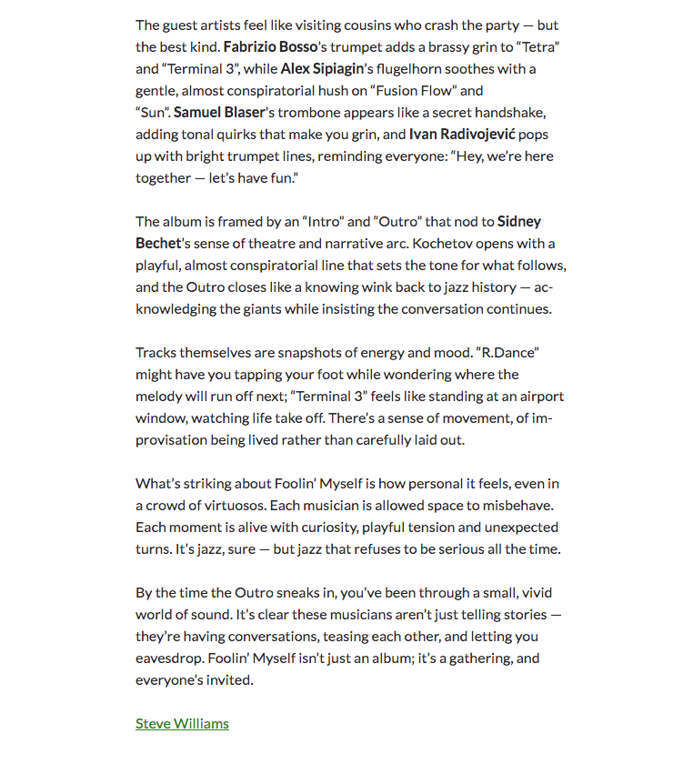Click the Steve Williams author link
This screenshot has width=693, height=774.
(x=182, y=724)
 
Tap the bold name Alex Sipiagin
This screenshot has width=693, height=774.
(x=320, y=68)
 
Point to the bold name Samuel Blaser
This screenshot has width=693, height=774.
(x=216, y=112)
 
